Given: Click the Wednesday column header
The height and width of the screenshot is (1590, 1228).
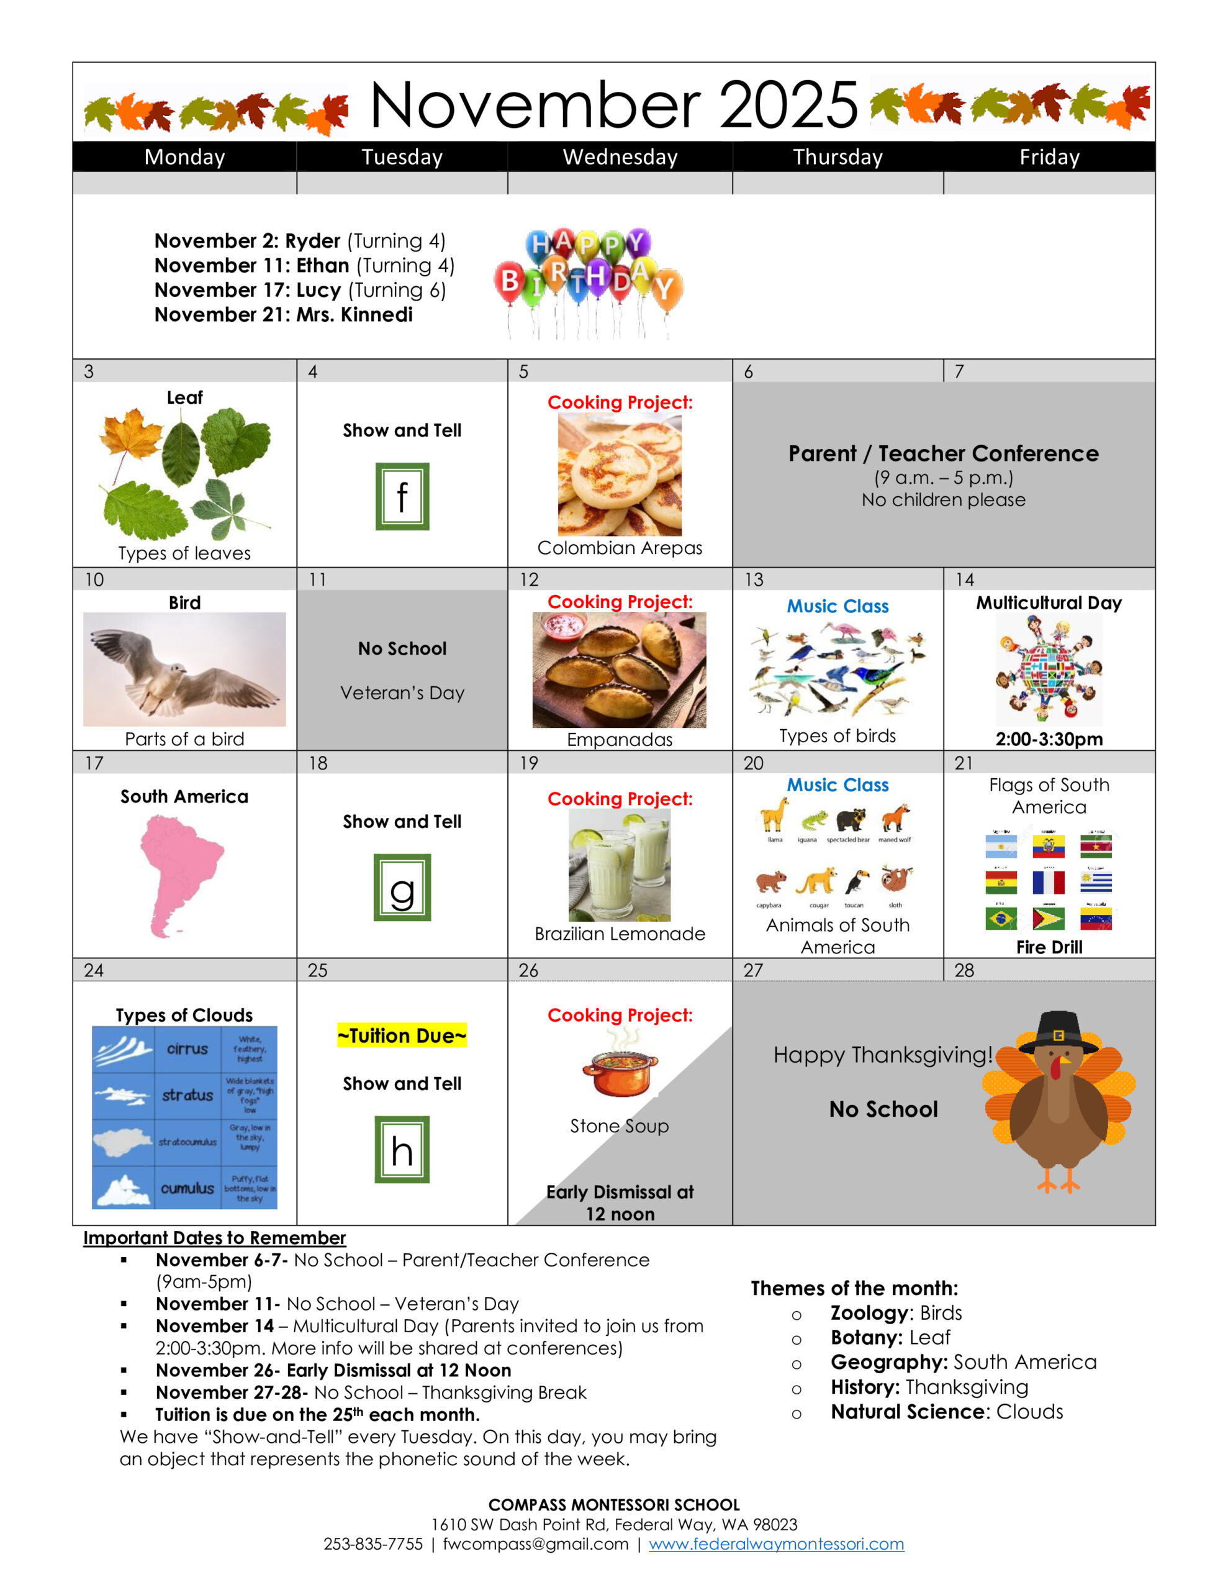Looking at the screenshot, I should tap(620, 157).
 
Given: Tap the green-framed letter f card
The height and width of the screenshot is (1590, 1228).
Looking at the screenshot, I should tap(402, 496).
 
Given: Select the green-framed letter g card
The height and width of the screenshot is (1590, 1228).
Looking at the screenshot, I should tap(402, 887).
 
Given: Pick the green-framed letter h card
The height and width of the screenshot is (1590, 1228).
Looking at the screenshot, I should tap(402, 1149).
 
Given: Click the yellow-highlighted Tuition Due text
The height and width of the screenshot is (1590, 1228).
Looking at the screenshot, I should tap(402, 1035).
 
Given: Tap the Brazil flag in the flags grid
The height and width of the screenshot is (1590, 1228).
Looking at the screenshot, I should tap(1001, 919).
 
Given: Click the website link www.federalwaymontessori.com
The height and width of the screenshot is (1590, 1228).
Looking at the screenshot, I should tap(776, 1543).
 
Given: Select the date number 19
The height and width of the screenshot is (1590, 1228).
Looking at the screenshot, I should tap(528, 763).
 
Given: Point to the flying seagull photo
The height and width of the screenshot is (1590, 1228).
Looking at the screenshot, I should tap(184, 668).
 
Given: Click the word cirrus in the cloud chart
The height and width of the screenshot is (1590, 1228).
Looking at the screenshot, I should tap(187, 1048).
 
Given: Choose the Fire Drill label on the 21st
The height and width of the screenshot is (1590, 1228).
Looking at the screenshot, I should tap(1049, 947).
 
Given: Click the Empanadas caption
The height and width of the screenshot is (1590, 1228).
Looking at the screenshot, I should tap(620, 739).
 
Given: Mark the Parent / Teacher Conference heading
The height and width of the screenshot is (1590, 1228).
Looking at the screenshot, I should tap(944, 453).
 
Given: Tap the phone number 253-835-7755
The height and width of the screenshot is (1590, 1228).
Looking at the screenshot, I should tap(372, 1543).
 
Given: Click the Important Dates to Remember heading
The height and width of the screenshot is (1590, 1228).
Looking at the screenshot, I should tap(214, 1237).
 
